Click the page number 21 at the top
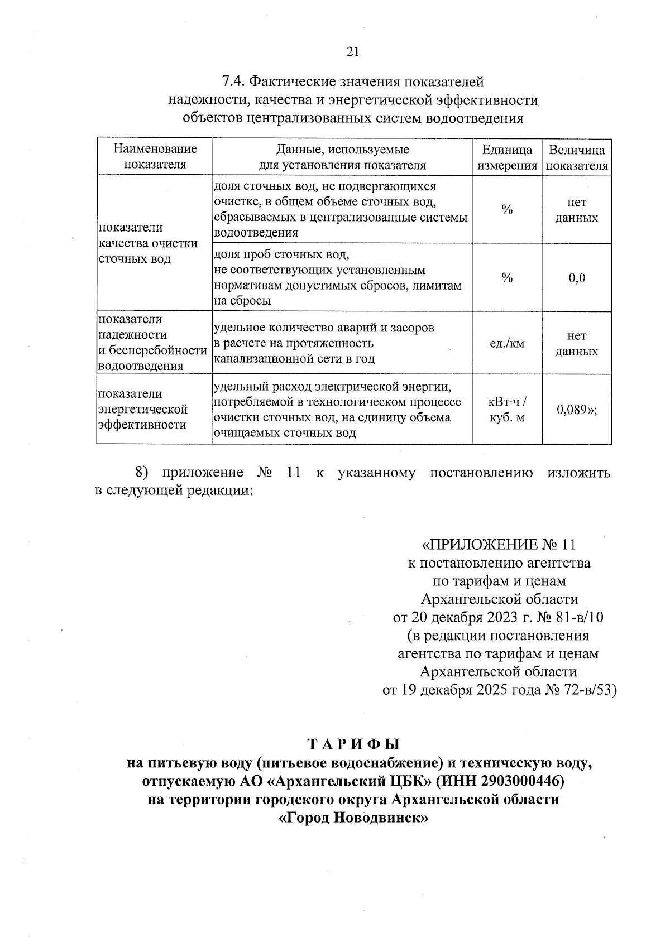tap(353, 52)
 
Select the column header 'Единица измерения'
tap(507, 157)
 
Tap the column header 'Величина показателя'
tap(577, 157)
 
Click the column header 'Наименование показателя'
tap(155, 157)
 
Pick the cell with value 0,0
tap(577, 278)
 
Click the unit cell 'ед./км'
tap(507, 343)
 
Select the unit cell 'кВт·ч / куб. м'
tap(507, 410)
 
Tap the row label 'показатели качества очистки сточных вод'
tap(148, 243)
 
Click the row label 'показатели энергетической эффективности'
tap(142, 410)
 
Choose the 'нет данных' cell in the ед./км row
tap(577, 343)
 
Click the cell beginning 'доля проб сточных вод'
tap(337, 277)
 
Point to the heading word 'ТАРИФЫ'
tap(354, 744)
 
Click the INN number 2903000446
tap(513, 780)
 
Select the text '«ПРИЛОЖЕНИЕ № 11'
tap(498, 545)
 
